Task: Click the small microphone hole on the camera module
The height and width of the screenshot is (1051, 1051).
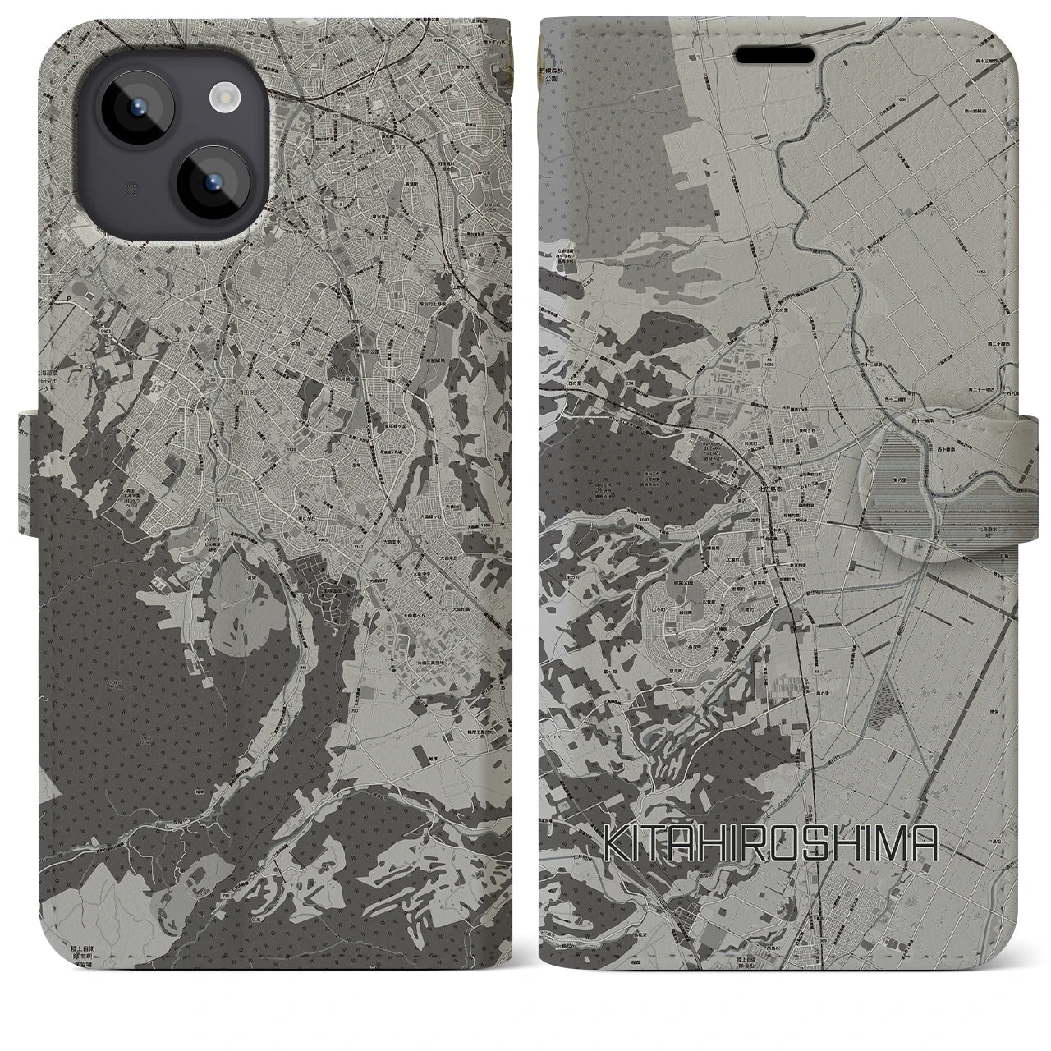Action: [x=130, y=188]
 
